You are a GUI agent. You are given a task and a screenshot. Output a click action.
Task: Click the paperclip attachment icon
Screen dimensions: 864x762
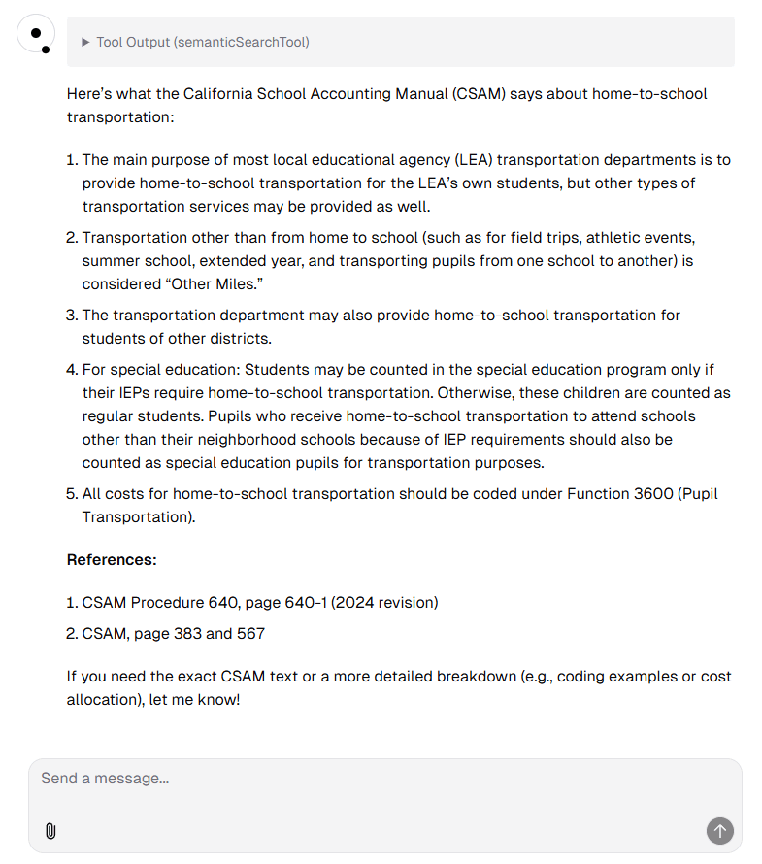[50, 831]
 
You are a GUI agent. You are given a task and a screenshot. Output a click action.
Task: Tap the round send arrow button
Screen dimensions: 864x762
[719, 831]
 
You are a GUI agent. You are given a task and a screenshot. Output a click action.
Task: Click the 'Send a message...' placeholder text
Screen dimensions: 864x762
[105, 779]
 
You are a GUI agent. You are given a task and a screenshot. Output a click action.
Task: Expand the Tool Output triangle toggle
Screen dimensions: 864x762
[85, 42]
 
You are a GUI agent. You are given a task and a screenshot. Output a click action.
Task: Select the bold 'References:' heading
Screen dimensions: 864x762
[112, 560]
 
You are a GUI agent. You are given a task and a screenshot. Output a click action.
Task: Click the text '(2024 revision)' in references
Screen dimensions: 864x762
[384, 603]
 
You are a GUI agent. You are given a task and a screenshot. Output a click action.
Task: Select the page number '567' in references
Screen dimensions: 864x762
[250, 634]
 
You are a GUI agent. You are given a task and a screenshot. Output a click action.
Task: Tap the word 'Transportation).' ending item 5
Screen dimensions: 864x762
[139, 517]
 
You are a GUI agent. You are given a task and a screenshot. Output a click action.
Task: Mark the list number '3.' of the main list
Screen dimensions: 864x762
[72, 316]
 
